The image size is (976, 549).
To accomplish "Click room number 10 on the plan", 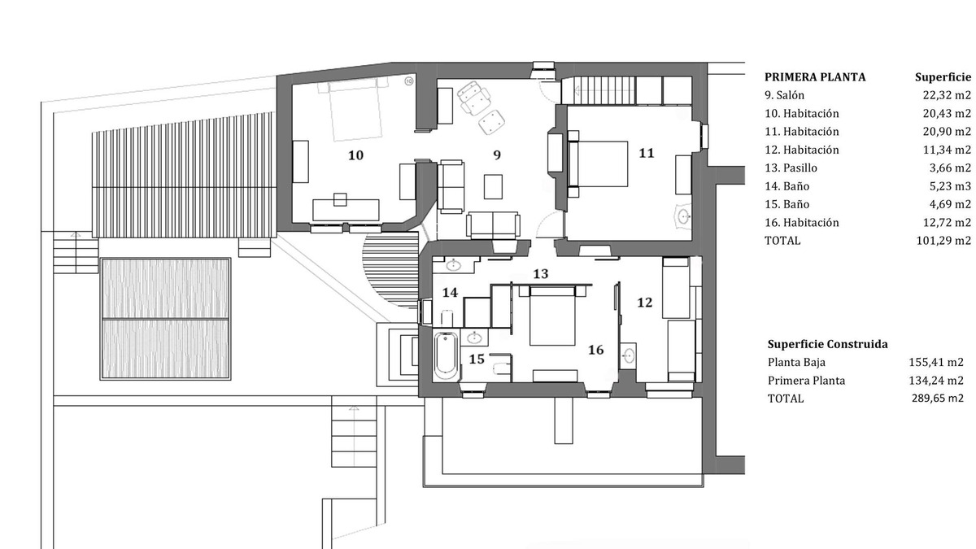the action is click(x=355, y=155).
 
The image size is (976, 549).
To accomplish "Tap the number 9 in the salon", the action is click(x=497, y=155).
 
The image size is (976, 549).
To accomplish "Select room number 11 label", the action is click(x=646, y=153).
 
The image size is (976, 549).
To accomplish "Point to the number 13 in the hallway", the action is click(x=540, y=273).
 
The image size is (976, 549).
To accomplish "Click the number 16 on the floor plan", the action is click(x=595, y=350).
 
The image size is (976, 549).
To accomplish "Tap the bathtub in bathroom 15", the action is click(x=447, y=355).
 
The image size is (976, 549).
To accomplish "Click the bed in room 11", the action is click(x=599, y=163).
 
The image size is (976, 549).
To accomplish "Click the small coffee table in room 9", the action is click(x=493, y=186).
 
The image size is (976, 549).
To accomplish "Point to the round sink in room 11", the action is click(x=683, y=216).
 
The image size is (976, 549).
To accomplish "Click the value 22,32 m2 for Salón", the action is click(x=947, y=95).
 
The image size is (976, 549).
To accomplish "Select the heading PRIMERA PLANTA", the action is click(x=815, y=77).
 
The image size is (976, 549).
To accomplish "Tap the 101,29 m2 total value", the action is click(x=943, y=241).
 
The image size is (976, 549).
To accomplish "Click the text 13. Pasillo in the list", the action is click(x=791, y=168).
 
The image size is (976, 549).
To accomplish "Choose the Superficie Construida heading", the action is click(x=827, y=344).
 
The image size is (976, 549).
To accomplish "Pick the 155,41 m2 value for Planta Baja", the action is click(x=936, y=362).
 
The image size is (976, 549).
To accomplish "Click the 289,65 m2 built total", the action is click(x=937, y=399).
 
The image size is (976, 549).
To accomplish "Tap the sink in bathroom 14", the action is click(x=454, y=264).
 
